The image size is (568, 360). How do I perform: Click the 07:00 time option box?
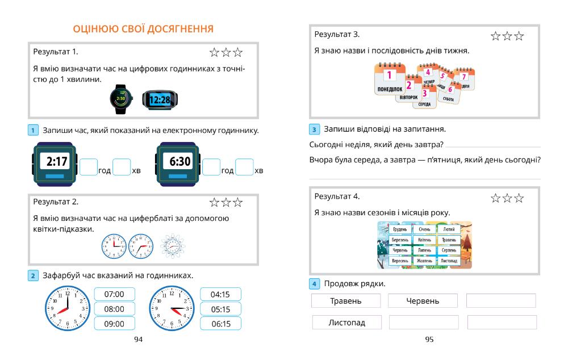[x=114, y=294]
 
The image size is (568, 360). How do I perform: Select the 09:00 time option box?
[x=114, y=324]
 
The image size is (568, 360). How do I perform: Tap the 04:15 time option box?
[x=220, y=294]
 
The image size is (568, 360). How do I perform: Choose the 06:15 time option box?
[x=220, y=324]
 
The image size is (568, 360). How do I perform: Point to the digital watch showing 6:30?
[x=178, y=163]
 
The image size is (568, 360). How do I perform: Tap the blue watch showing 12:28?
[x=160, y=99]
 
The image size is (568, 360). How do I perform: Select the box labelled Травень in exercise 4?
[x=346, y=301]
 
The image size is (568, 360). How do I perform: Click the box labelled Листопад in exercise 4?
[x=346, y=323]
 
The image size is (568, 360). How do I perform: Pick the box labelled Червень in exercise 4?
[x=423, y=301]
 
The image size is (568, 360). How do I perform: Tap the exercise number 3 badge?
[x=314, y=129]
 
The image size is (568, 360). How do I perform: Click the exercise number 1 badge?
[x=33, y=131]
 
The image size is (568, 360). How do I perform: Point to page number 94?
[x=138, y=339]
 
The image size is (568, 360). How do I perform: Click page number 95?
[x=429, y=339]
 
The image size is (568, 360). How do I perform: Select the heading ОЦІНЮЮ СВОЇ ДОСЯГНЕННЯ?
[x=143, y=28]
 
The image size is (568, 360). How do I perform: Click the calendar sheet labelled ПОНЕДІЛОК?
[x=389, y=79]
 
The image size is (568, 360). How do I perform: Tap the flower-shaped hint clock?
[x=172, y=246]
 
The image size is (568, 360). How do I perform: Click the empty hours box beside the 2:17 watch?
[x=88, y=167]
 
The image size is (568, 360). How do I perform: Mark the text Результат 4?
[x=337, y=196]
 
